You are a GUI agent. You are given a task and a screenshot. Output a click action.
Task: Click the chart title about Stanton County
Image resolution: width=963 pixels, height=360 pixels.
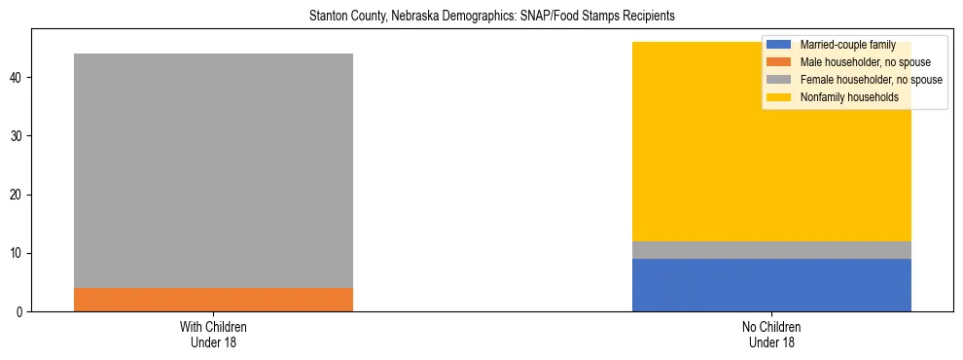pos(491,17)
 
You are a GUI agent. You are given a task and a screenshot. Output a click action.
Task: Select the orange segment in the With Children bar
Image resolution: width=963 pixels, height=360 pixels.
pos(213,300)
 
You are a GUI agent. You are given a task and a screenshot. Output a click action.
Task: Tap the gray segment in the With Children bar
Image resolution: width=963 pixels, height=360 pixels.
pos(213,170)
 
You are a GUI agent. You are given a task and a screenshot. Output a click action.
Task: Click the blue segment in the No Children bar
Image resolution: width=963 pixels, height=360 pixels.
pos(771,285)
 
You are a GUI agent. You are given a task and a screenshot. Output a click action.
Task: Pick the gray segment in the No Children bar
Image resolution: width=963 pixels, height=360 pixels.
pos(771,250)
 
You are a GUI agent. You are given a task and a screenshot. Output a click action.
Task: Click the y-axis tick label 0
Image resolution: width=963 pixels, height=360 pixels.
pos(18,312)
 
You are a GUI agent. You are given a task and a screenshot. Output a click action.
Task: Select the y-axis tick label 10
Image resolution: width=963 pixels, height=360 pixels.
pos(16,254)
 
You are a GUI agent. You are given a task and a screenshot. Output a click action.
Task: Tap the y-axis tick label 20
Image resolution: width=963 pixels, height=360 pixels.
pos(16,195)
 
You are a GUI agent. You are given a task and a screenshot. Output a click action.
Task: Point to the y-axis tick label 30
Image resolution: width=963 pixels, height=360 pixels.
pos(16,136)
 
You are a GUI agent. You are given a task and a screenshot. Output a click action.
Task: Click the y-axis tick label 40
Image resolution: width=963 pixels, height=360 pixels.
pos(16,78)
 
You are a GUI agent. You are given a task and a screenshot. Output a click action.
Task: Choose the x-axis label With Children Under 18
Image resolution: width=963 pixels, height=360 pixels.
pos(213,334)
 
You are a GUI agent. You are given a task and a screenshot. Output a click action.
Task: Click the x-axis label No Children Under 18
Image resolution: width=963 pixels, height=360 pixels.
pos(771,334)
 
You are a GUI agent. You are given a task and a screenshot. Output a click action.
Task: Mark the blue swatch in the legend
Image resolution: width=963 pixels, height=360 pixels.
pos(779,45)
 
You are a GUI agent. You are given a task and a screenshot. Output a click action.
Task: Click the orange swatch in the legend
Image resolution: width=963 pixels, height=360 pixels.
pos(779,62)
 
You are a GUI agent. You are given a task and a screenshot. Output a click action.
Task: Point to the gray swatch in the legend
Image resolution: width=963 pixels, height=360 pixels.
pos(779,80)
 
